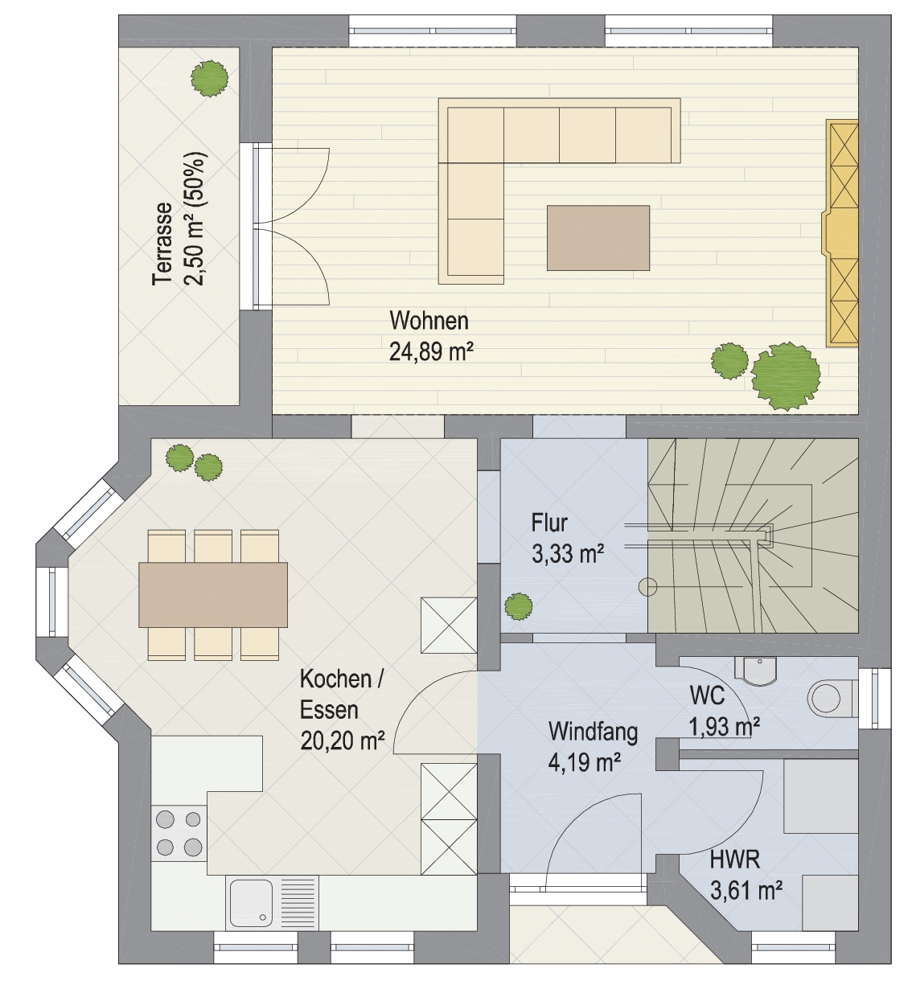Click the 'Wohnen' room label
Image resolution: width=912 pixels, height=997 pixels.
click(x=429, y=321)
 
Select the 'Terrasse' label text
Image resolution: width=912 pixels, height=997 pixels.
click(x=163, y=244)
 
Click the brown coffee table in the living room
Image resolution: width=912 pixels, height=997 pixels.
click(x=598, y=238)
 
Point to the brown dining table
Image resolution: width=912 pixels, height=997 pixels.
click(x=213, y=594)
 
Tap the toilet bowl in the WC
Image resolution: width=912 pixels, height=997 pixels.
click(x=830, y=699)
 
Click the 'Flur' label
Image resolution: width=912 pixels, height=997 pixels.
click(x=549, y=523)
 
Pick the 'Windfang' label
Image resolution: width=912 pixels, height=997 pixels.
click(x=594, y=732)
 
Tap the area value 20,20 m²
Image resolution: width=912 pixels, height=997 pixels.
click(x=343, y=741)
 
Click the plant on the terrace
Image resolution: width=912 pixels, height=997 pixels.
click(x=210, y=78)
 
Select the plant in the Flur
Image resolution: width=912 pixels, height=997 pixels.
click(x=518, y=606)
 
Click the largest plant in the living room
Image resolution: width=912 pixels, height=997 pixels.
click(x=785, y=375)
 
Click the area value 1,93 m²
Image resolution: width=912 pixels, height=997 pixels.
click(x=724, y=728)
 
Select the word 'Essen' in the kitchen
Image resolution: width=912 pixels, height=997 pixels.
click(x=329, y=710)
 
